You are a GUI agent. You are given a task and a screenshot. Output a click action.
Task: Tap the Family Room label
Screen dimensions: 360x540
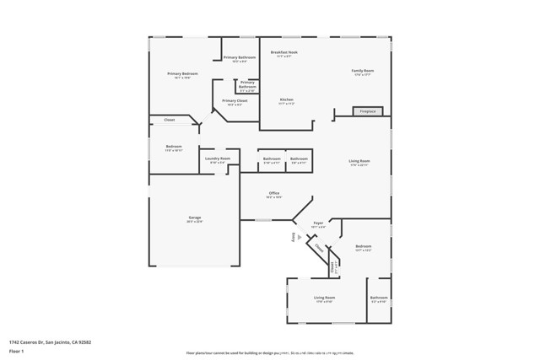click(x=363, y=71)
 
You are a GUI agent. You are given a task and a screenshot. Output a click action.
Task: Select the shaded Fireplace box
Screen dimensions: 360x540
click(x=368, y=111)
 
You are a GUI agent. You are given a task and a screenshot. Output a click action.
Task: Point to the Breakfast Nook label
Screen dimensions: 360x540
click(x=284, y=52)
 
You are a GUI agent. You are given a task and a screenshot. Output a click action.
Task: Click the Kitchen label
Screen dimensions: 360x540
click(x=287, y=99)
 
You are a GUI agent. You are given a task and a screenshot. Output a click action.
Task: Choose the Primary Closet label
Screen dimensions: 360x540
click(x=235, y=100)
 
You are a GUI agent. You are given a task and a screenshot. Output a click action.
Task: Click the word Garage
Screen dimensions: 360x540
click(x=195, y=218)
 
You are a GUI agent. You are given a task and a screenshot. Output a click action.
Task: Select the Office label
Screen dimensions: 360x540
click(x=274, y=194)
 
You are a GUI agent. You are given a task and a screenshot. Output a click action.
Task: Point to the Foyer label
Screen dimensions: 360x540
click(x=318, y=224)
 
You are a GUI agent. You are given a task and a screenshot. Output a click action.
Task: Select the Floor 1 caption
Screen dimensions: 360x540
click(x=16, y=351)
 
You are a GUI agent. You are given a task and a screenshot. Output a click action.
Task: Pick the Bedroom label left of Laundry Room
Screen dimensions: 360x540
click(x=174, y=147)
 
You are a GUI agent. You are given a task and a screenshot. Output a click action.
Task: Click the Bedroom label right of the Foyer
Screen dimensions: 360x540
click(x=364, y=246)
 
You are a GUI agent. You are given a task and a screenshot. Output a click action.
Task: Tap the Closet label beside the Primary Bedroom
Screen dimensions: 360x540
click(x=170, y=121)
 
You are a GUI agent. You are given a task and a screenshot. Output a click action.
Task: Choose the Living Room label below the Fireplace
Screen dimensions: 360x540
click(x=359, y=160)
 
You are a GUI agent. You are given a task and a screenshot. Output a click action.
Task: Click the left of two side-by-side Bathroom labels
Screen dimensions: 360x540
click(x=272, y=159)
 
